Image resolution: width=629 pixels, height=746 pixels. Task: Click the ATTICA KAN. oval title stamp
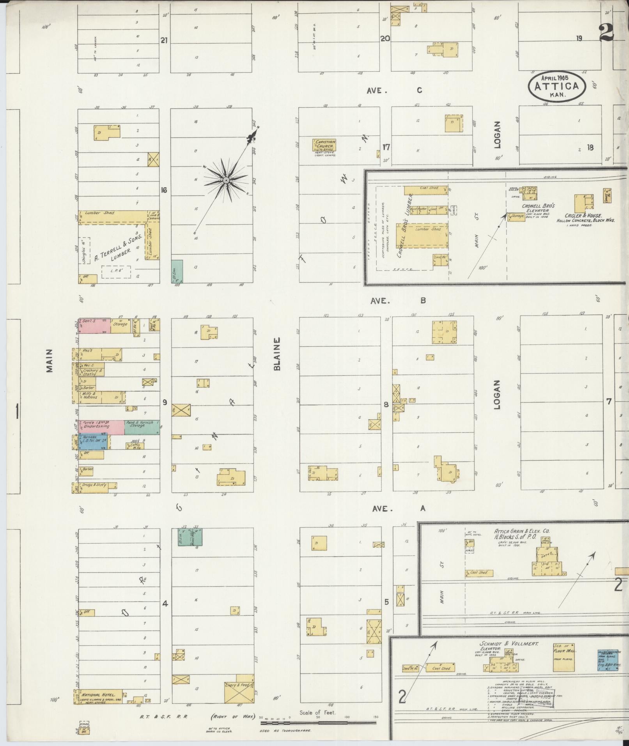pos(557,87)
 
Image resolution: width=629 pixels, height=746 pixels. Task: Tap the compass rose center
pos(226,181)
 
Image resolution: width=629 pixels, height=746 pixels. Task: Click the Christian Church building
pos(324,145)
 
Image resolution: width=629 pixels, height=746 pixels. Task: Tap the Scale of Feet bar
pos(318,723)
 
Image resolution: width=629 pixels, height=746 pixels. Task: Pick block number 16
pos(164,190)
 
